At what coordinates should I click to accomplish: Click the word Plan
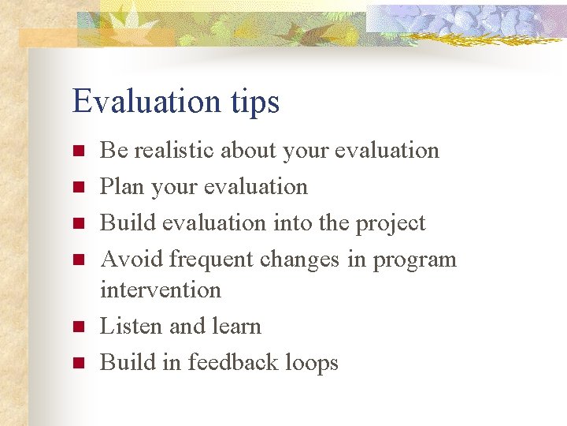(120, 186)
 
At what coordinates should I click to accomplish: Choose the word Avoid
(132, 259)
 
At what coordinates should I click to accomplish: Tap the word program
(414, 260)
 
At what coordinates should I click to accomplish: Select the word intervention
(161, 290)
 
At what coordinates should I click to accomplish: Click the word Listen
(130, 326)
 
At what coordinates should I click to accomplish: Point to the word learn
(231, 326)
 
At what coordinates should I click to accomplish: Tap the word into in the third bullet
(291, 222)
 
